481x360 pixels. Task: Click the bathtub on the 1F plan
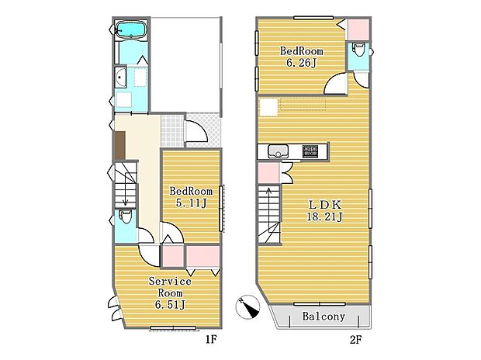point(131,29)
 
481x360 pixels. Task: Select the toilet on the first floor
point(125,216)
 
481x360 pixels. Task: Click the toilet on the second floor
point(358,50)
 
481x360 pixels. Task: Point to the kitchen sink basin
point(278,151)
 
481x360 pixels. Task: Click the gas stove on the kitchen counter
point(310,151)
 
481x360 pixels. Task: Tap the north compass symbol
point(247,307)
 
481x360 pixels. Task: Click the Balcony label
point(324,316)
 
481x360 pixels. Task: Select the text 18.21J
point(325,217)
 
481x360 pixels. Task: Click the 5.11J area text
point(192,202)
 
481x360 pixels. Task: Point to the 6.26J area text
point(301,63)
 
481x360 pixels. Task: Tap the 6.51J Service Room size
point(170,305)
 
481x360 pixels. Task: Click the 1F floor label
point(211,339)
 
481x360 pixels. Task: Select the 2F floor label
point(355,339)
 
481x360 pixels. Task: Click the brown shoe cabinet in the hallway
point(119,145)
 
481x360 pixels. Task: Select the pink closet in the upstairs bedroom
point(358,29)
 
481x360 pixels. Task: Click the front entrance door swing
point(197,131)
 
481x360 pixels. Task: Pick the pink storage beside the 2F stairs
point(268,173)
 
